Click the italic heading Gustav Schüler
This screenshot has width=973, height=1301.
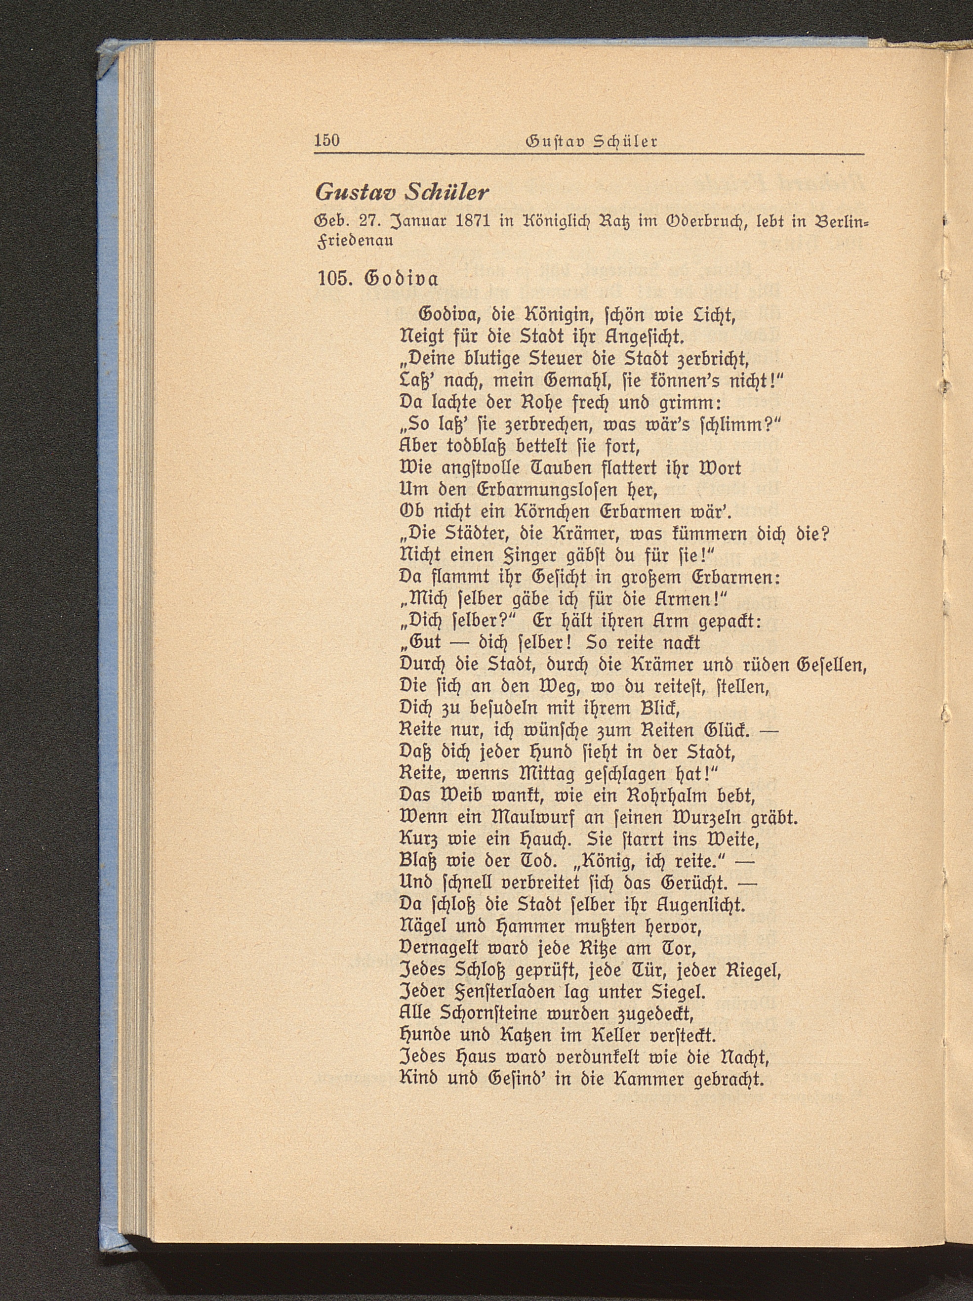point(403,191)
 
